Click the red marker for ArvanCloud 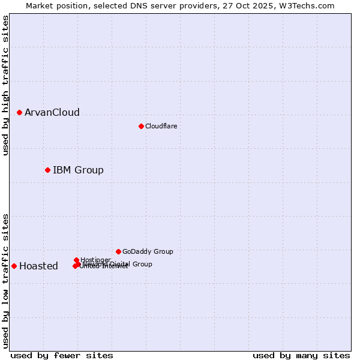pyautogui.click(x=19, y=112)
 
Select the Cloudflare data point pyautogui.click(x=141, y=126)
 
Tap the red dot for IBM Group pyautogui.click(x=47, y=170)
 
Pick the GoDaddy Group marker pyautogui.click(x=118, y=251)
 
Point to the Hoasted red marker pyautogui.click(x=14, y=266)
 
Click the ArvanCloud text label pyautogui.click(x=52, y=113)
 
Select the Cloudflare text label pyautogui.click(x=161, y=126)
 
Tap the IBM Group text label pyautogui.click(x=78, y=170)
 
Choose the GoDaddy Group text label pyautogui.click(x=148, y=251)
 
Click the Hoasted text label pyautogui.click(x=38, y=266)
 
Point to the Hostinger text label pyautogui.click(x=95, y=260)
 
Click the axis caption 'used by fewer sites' pyautogui.click(x=62, y=355)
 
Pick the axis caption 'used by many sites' pyautogui.click(x=301, y=355)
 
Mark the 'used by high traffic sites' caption pyautogui.click(x=6, y=85)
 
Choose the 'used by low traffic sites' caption pyautogui.click(x=6, y=281)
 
